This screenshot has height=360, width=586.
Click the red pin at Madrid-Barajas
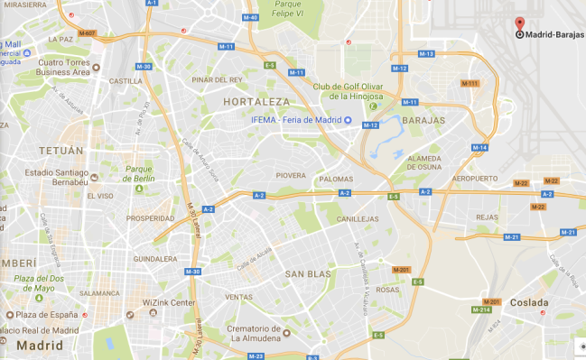[x=519, y=23]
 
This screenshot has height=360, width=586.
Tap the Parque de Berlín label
[x=140, y=172]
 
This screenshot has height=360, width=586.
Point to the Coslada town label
[x=528, y=302]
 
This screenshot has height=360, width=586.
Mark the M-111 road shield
[x=470, y=83]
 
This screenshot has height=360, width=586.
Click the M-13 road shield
[x=427, y=54]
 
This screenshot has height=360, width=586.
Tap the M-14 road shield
[x=479, y=147]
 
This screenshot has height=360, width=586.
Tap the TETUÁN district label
[x=60, y=151]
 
